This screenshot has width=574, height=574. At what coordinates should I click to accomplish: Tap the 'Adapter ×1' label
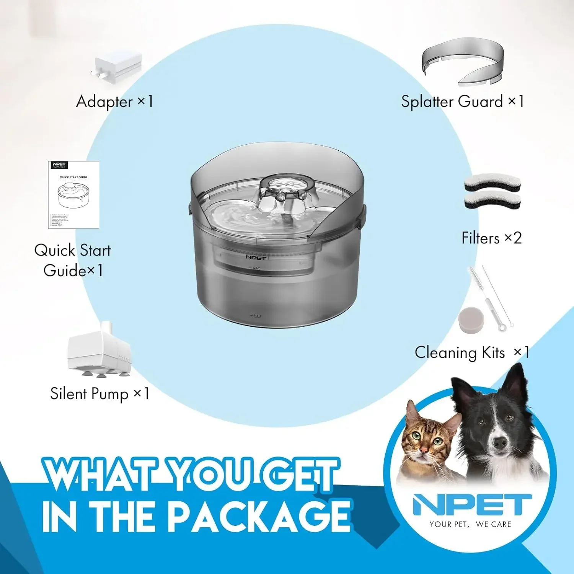coord(114,102)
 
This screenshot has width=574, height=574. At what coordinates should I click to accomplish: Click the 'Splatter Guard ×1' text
coord(462,102)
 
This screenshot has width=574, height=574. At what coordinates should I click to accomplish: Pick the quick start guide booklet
coord(73,195)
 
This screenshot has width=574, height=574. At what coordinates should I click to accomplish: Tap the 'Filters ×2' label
coord(491,238)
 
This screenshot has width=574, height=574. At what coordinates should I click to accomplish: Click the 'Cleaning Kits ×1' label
coord(471,352)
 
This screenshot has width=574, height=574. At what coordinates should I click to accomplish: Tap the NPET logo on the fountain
coord(256,258)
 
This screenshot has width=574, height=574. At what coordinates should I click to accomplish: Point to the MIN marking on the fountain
coord(256,316)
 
